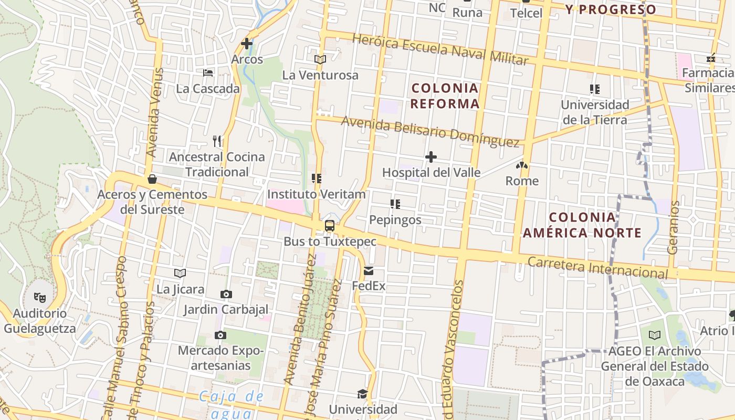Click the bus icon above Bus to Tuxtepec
[330, 226]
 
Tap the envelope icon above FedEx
[369, 271]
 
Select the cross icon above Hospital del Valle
[431, 157]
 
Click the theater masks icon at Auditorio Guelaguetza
[40, 298]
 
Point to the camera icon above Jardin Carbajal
[226, 294]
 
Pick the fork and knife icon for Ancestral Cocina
[217, 141]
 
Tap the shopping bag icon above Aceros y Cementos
[152, 179]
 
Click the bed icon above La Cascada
[208, 73]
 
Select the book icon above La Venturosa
[320, 59]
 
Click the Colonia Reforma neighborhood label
[445, 96]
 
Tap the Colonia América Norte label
[582, 225]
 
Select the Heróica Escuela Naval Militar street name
[440, 49]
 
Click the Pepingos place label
[395, 219]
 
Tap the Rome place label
[522, 181]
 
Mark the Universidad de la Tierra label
[595, 112]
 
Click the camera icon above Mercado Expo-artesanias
[220, 335]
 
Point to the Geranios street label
[673, 227]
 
